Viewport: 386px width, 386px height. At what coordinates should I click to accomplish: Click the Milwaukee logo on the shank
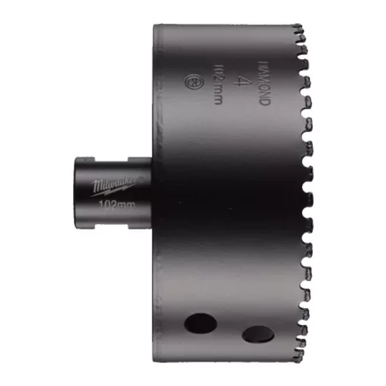[114, 182]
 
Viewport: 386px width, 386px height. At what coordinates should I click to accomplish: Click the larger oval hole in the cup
[200, 322]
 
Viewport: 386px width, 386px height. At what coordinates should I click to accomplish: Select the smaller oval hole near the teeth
[257, 333]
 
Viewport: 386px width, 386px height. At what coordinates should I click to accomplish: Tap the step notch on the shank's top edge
[129, 160]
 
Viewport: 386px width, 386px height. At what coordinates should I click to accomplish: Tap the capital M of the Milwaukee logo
[98, 182]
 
